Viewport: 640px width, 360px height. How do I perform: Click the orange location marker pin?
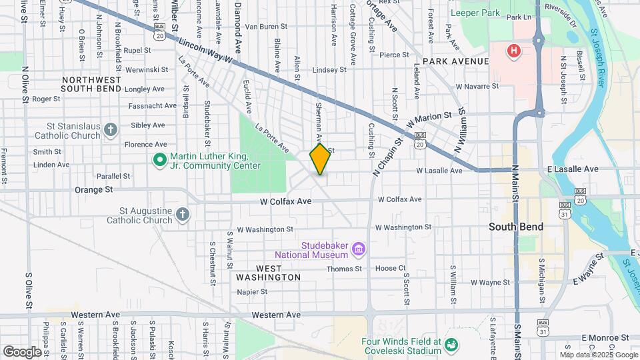pyautogui.click(x=320, y=159)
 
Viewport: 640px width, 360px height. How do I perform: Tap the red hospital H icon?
pyautogui.click(x=513, y=51)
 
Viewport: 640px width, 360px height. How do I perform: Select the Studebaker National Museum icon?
pyautogui.click(x=359, y=249)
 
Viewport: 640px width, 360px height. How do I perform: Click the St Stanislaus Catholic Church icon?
pyautogui.click(x=111, y=129)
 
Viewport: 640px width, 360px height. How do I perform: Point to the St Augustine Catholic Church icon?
pyautogui.click(x=183, y=214)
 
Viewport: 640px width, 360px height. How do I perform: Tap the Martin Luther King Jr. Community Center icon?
pyautogui.click(x=159, y=160)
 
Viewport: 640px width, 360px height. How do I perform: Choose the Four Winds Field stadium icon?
pyautogui.click(x=451, y=345)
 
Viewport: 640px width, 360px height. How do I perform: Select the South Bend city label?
pyautogui.click(x=515, y=227)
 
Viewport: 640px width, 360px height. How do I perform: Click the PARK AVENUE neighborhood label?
pyautogui.click(x=455, y=61)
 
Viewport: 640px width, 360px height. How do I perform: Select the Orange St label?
pyautogui.click(x=93, y=189)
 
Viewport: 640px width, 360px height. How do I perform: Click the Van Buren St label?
pyautogui.click(x=267, y=27)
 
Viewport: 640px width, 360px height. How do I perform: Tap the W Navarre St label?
pyautogui.click(x=477, y=86)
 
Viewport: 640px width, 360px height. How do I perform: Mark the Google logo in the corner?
pyautogui.click(x=22, y=351)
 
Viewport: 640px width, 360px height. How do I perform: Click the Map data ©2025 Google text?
pyautogui.click(x=597, y=355)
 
